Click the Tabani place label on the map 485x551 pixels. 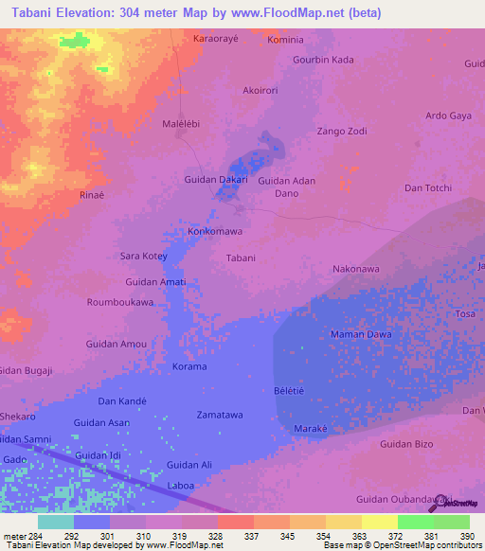(x=241, y=258)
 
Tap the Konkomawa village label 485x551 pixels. (x=216, y=231)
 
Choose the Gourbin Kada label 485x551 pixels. (x=323, y=60)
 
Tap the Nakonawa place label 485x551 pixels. (x=355, y=269)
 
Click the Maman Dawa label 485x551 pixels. (x=360, y=334)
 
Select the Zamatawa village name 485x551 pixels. (x=219, y=415)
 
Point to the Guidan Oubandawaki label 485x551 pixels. (x=401, y=499)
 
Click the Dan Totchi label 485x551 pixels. (x=427, y=188)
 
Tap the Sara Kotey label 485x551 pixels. (x=143, y=257)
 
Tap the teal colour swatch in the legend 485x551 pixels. (x=56, y=522)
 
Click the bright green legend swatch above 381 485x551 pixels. (x=415, y=522)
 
